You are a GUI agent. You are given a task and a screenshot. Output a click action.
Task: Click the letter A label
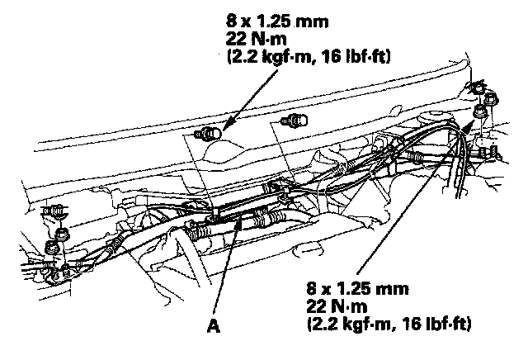(214, 325)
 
